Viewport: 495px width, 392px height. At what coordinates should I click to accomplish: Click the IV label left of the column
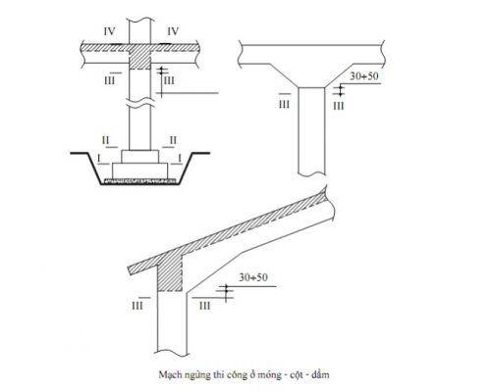coord(109,31)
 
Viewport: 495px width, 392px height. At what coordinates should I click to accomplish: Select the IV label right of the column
coord(173,31)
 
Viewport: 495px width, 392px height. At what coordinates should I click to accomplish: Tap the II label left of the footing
coord(105,140)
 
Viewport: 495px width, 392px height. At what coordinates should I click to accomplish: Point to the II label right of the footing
coord(173,140)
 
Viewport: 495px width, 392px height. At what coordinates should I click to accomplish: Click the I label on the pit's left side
coord(99,158)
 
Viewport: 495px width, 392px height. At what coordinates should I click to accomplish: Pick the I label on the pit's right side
coord(180,158)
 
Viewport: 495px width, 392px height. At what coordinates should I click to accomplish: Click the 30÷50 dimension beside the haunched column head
coord(364,76)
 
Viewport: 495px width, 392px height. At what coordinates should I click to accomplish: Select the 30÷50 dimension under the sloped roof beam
coord(253,277)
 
